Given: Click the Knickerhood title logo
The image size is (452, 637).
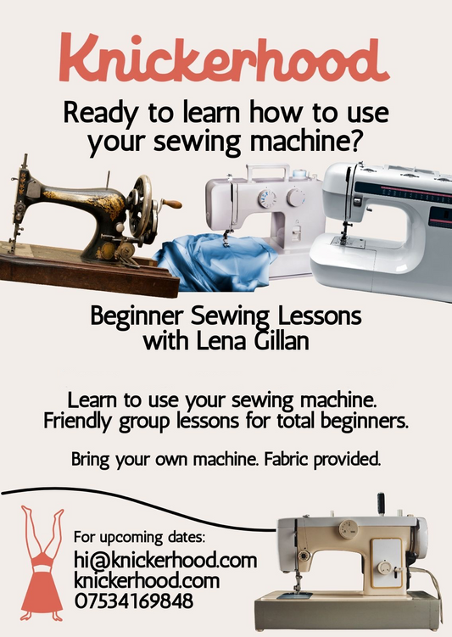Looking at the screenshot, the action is tap(224, 58).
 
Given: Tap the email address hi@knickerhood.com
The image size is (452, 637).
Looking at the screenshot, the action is tap(165, 561).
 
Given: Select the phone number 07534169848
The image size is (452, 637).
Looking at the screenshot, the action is tap(134, 601).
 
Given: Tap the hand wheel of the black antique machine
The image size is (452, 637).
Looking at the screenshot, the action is tap(142, 207).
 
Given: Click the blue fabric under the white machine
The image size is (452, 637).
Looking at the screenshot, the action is tap(215, 263).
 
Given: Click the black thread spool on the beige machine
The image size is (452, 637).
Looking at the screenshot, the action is tap(381, 503).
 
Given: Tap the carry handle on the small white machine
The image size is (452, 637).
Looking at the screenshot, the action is tap(269, 172).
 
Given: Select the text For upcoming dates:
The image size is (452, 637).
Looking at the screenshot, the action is tap(140, 538).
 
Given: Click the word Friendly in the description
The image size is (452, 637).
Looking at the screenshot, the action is tap(77, 421).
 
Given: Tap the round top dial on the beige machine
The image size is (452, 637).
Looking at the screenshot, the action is tap(349, 528).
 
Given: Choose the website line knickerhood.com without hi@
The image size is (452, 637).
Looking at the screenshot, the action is tap(147, 581).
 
